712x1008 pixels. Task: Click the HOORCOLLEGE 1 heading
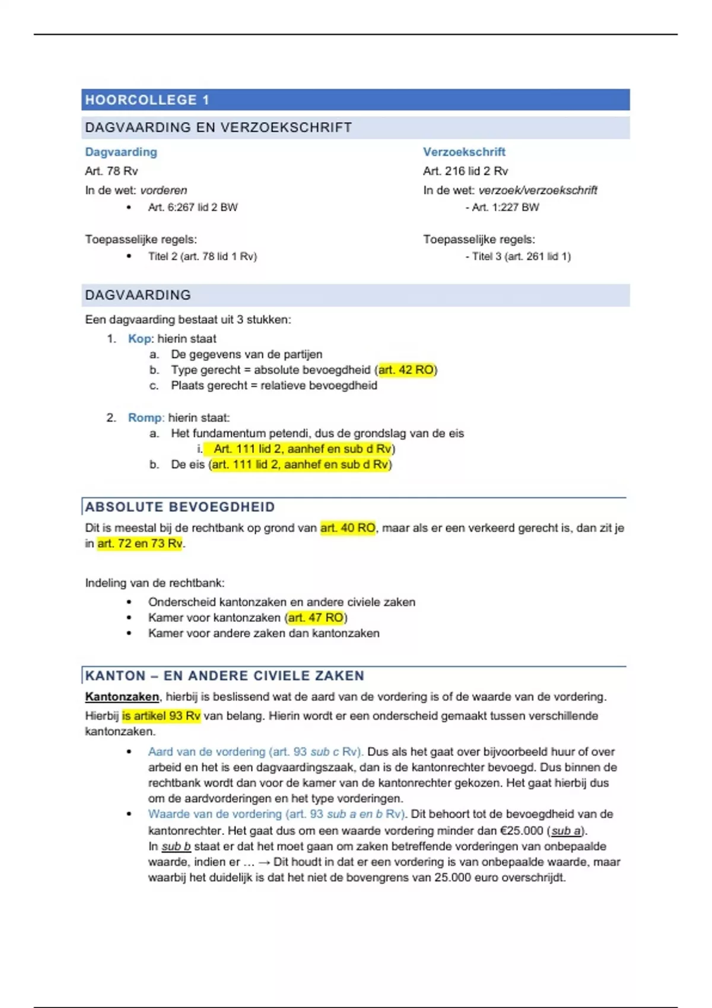click(x=147, y=100)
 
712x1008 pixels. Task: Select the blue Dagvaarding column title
click(x=121, y=152)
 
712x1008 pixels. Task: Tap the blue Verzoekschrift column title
click(x=464, y=152)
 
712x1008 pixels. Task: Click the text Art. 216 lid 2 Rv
click(x=465, y=171)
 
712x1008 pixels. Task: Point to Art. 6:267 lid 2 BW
click(x=193, y=207)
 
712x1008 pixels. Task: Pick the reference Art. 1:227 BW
click(x=506, y=207)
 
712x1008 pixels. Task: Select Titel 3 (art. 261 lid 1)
click(x=521, y=256)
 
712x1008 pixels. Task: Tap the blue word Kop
click(x=139, y=339)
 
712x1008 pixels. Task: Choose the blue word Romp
click(x=145, y=417)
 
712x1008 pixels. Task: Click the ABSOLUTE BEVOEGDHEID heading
click(x=180, y=507)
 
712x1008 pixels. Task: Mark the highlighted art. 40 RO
click(x=348, y=528)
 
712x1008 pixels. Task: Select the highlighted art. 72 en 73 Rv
click(x=140, y=543)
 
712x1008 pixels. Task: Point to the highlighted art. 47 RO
click(x=316, y=617)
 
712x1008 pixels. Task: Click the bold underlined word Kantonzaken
click(x=122, y=697)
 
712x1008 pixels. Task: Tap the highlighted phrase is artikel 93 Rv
click(x=161, y=716)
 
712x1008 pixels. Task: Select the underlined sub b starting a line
click(x=176, y=846)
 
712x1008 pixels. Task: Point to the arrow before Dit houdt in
click(x=264, y=862)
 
